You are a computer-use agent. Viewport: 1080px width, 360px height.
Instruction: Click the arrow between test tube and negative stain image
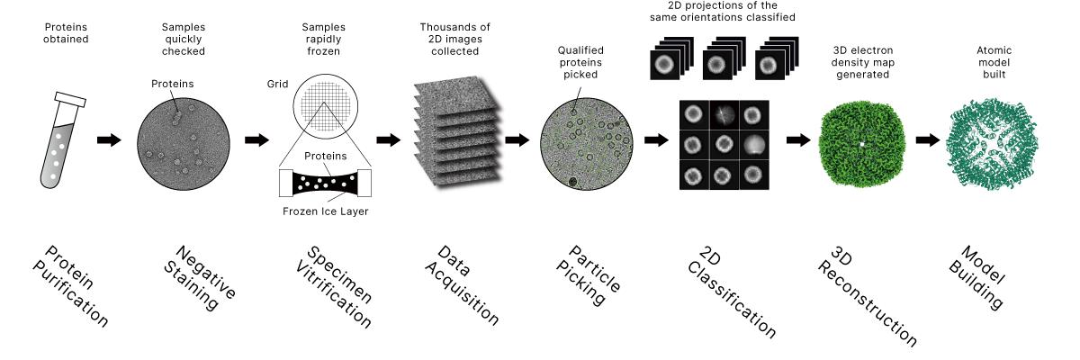pos(109,140)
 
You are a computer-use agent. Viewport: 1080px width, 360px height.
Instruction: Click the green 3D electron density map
pos(860,142)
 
